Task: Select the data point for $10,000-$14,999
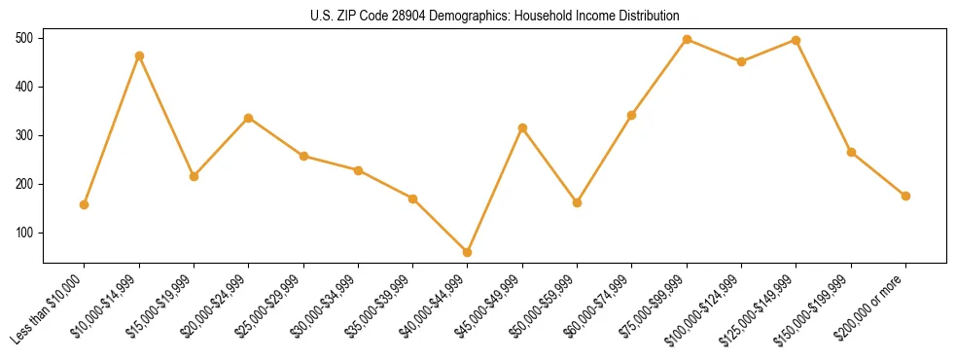(x=139, y=55)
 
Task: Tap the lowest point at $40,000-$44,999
(x=468, y=252)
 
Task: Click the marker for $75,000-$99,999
(x=687, y=40)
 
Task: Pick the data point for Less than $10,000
(x=85, y=204)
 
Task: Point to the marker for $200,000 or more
(x=905, y=196)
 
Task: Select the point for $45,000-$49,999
(x=522, y=127)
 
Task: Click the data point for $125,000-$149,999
(x=797, y=41)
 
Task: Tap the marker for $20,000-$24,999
(x=249, y=118)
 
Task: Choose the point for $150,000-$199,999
(x=851, y=152)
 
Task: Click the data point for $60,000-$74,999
(x=632, y=115)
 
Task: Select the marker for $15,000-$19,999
(x=194, y=176)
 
